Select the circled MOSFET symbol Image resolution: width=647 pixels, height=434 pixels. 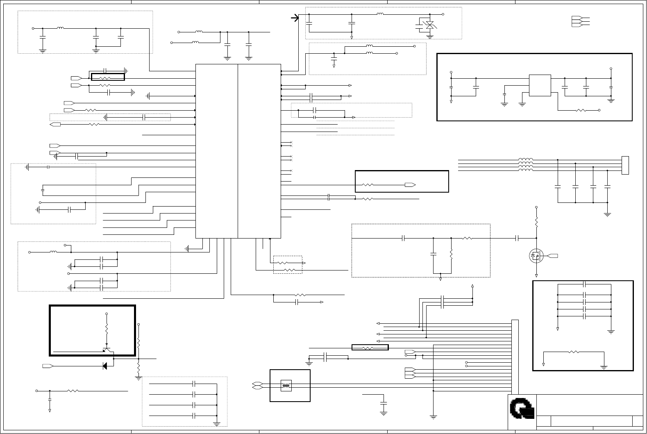tap(535, 256)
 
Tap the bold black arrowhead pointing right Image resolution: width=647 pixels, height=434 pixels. tap(295, 18)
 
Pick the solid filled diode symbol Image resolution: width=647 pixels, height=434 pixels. tap(105, 366)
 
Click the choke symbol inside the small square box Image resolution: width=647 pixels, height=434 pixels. tap(286, 386)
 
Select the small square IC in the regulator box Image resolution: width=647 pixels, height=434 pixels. tap(540, 86)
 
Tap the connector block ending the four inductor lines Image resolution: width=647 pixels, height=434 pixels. tap(625, 165)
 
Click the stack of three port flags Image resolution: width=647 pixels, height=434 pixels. tap(576, 22)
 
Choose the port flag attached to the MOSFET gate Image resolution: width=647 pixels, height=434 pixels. tap(552, 256)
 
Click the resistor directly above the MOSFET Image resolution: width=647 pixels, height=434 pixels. tap(536, 223)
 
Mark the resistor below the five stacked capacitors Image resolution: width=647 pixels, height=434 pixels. tap(574, 352)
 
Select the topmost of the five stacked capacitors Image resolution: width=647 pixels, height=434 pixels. tap(585, 284)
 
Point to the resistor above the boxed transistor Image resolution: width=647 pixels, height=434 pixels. tap(107, 329)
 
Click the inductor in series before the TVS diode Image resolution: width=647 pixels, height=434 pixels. tap(380, 14)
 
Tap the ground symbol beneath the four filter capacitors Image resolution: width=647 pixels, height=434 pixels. tap(607, 213)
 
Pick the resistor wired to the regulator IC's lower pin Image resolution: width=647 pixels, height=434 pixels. tap(581, 110)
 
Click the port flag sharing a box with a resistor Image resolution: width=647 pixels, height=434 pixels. tap(410, 185)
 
